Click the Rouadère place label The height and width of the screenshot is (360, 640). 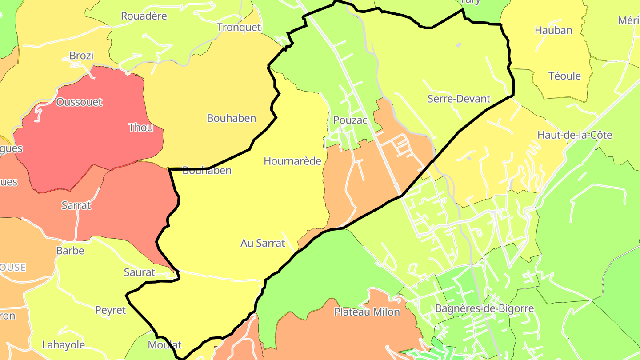(144, 16)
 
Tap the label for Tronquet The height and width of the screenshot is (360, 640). (239, 27)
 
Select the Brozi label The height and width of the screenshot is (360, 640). (81, 56)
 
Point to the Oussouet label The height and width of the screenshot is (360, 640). (79, 102)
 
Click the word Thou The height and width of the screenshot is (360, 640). (140, 128)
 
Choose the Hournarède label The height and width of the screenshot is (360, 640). (292, 161)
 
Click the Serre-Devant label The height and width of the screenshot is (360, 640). (459, 99)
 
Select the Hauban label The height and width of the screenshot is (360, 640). (553, 30)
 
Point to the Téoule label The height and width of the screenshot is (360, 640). (564, 76)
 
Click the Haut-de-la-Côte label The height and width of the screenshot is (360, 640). (575, 135)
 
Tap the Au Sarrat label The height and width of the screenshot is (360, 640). (262, 243)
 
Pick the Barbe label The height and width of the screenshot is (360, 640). (70, 250)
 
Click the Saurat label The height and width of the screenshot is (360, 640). (139, 272)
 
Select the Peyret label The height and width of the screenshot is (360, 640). (111, 310)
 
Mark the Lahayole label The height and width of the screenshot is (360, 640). (63, 344)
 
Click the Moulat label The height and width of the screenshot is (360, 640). (164, 344)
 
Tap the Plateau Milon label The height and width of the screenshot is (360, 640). (367, 312)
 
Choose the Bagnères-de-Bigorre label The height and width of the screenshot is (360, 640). (484, 308)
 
